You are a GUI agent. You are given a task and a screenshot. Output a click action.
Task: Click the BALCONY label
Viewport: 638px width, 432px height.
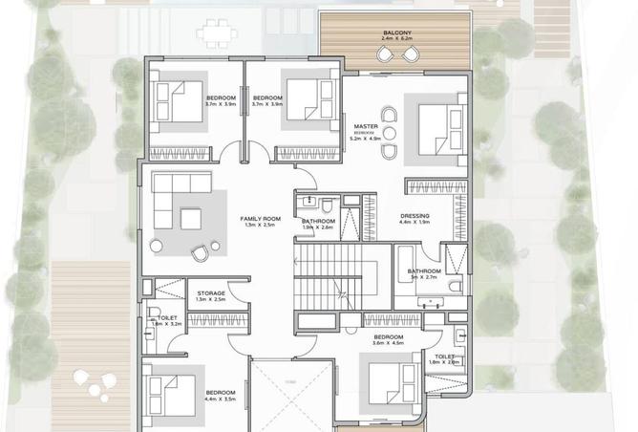(398, 32)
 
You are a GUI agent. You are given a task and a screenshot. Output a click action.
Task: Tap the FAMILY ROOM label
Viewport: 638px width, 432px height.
(258, 219)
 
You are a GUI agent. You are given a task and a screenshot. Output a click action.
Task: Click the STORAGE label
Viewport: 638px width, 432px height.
(211, 293)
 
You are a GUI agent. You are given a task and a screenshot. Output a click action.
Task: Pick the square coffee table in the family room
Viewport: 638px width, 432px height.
(191, 219)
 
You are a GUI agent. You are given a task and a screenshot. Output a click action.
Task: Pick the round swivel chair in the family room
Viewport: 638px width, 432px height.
(200, 252)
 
